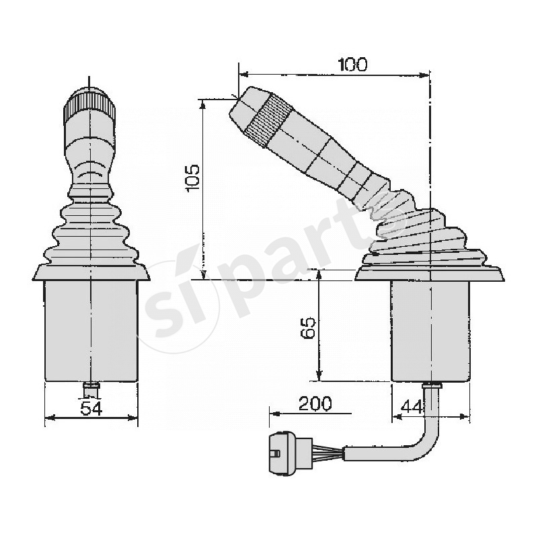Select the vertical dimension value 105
pos(192,178)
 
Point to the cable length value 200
pos(315,403)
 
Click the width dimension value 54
pos(91,408)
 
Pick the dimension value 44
pos(412,406)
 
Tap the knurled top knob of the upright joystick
pos(89,106)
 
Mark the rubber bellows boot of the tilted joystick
pos(424,232)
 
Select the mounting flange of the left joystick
pos(90,272)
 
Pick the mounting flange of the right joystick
pos(429,274)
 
